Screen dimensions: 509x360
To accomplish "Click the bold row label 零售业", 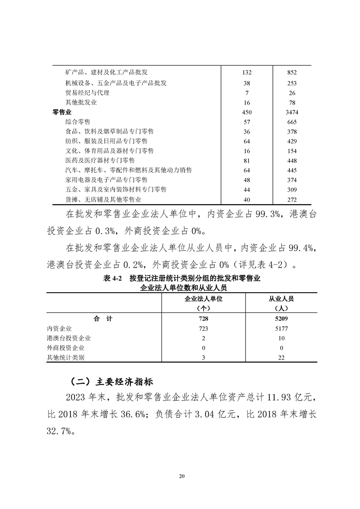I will pos(63,112).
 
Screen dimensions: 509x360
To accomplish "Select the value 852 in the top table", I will pos(292,73).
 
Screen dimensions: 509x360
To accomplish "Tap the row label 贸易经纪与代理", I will pos(87,93).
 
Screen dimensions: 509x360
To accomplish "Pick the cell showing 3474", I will pos(292,112).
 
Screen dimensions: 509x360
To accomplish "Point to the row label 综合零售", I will pos(78,122).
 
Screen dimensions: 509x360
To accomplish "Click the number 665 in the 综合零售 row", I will pos(292,122).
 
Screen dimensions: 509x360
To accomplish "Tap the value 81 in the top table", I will pos(247,161).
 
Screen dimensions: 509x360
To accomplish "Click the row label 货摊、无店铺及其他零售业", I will pos(103,200).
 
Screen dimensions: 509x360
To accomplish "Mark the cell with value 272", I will pos(292,200).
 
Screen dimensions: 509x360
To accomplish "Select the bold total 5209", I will pos(281,319).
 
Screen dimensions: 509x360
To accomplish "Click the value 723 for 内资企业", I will pos(204,328).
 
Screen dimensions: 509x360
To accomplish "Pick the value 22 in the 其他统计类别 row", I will pos(281,357).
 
